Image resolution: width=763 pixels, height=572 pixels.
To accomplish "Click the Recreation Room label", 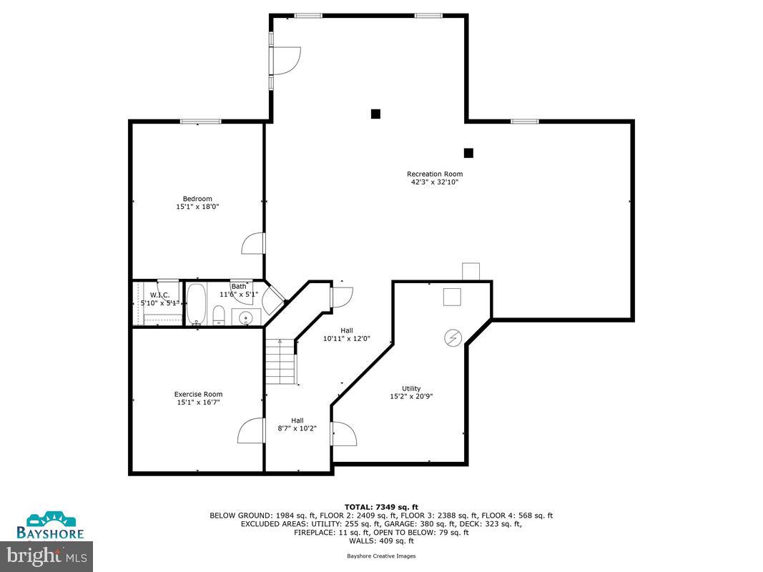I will [x=434, y=174].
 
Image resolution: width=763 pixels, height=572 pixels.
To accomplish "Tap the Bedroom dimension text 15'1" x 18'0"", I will [x=197, y=207].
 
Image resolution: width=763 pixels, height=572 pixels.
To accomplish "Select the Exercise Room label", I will [x=198, y=394].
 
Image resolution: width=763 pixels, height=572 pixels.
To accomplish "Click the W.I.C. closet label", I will [x=159, y=295].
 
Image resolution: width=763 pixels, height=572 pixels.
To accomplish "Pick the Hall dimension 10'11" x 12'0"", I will [x=347, y=338].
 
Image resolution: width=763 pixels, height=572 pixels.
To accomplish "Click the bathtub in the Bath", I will [x=197, y=305].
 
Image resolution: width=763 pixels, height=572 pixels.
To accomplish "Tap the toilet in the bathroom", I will [x=220, y=315].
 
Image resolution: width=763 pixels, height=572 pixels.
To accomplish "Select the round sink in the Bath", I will [x=245, y=317].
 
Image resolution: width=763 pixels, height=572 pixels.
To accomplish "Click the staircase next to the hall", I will [x=281, y=362].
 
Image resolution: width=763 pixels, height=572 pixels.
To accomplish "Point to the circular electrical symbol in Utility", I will [x=453, y=337].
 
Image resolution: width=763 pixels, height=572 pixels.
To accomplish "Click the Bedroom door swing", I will [x=253, y=244].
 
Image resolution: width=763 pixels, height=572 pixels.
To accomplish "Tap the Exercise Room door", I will [x=251, y=431].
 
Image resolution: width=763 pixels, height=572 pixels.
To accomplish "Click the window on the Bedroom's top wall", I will [x=200, y=122].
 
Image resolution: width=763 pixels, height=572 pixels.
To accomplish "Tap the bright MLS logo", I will [x=47, y=553].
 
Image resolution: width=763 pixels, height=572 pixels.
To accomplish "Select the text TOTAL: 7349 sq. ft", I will [x=380, y=506].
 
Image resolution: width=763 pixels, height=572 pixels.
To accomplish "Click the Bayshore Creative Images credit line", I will [x=380, y=556].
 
